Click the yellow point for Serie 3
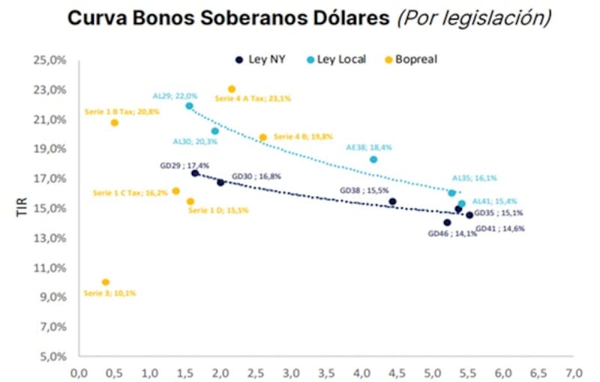[106, 282]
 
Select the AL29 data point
[189, 106]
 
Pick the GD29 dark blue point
[195, 173]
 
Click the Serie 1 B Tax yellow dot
[115, 122]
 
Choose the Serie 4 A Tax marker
[232, 89]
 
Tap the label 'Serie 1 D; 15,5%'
[218, 211]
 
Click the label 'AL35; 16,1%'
[474, 179]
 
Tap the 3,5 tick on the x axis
[326, 371]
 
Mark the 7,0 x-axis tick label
[574, 371]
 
